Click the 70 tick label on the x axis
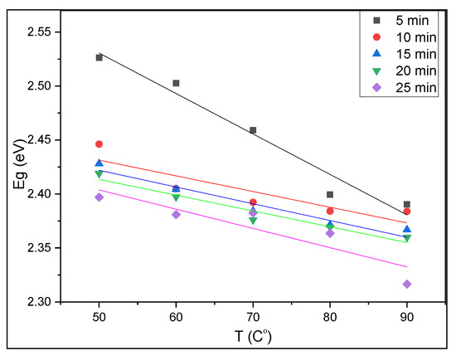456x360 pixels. pyautogui.click(x=253, y=317)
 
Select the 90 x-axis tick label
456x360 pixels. pyautogui.click(x=407, y=317)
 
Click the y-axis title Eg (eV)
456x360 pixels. pyautogui.click(x=18, y=167)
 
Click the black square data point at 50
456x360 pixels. pyautogui.click(x=99, y=57)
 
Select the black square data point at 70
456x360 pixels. pyautogui.click(x=253, y=130)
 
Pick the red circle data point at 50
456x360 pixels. pyautogui.click(x=99, y=144)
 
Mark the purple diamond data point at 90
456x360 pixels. pyautogui.click(x=407, y=285)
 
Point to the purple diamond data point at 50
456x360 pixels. pyautogui.click(x=99, y=197)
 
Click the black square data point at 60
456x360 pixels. pyautogui.click(x=176, y=83)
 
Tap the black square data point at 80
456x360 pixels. pyautogui.click(x=330, y=195)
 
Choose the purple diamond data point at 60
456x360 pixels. pyautogui.click(x=176, y=214)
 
